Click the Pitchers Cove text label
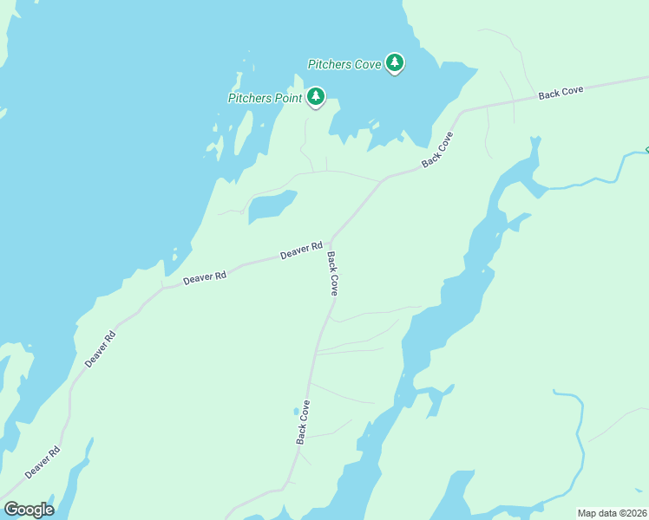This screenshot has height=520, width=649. click(x=344, y=64)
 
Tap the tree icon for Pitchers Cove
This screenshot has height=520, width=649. click(x=395, y=62)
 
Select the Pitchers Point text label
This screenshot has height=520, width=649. click(x=265, y=98)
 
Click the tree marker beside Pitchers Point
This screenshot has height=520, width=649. click(x=316, y=96)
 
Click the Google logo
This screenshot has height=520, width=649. click(x=29, y=510)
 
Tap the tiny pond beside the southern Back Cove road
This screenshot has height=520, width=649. click(x=296, y=411)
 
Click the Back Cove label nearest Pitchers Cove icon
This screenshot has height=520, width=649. click(x=438, y=150)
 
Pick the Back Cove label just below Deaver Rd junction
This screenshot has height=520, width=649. click(x=332, y=274)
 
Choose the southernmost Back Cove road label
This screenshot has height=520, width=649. click(x=304, y=422)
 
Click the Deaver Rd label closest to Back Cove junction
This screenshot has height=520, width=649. click(x=301, y=252)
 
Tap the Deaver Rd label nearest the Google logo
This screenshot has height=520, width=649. click(x=43, y=462)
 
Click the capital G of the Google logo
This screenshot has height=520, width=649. click(x=11, y=510)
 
